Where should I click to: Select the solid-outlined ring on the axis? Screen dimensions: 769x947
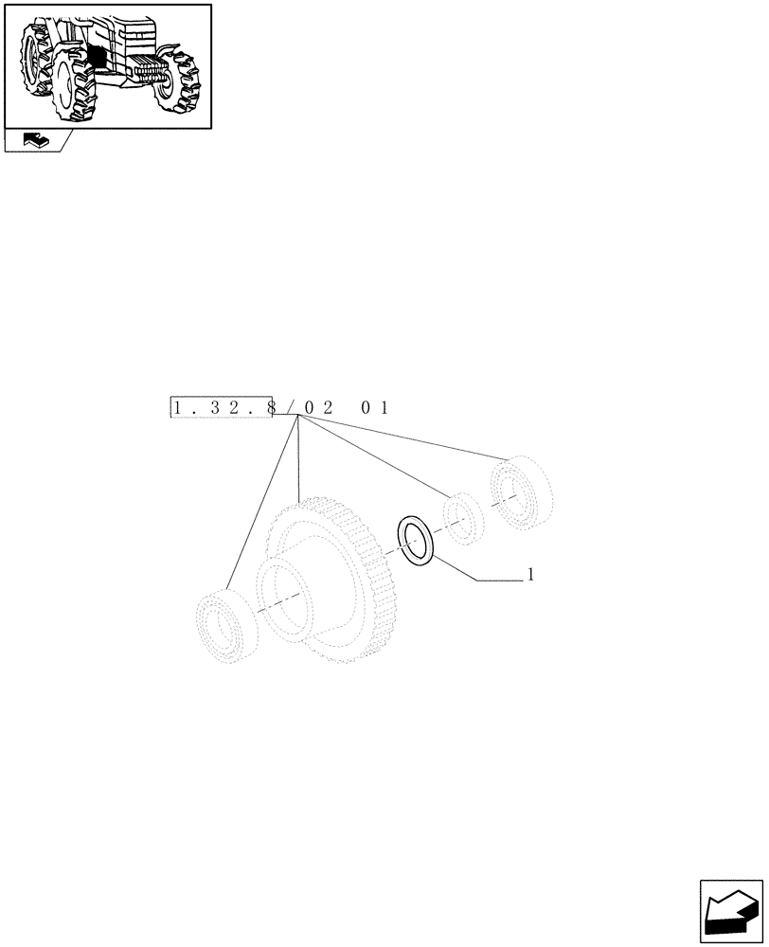(x=416, y=541)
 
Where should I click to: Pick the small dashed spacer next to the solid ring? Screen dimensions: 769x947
(x=465, y=519)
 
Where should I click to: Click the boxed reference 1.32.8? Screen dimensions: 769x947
(x=221, y=408)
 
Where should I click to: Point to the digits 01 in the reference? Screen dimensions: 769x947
(x=375, y=408)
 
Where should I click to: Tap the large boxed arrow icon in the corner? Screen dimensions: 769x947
(x=731, y=911)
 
